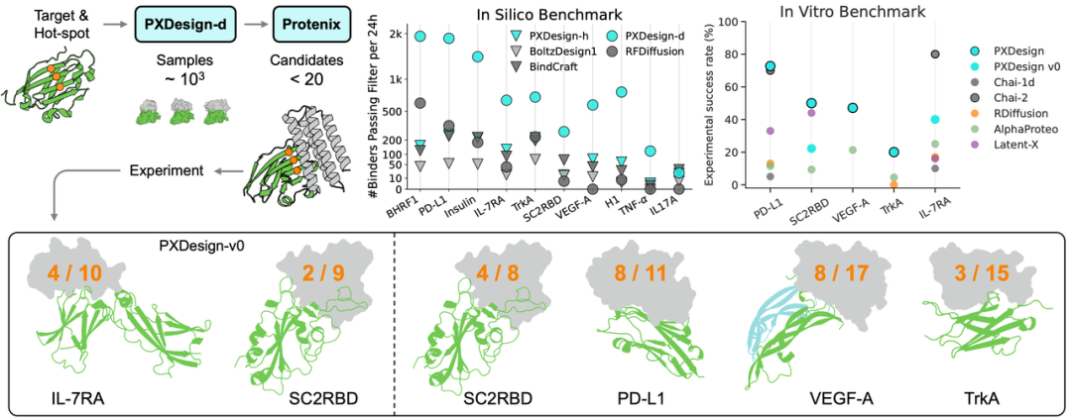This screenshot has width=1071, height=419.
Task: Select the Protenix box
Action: click(x=307, y=23)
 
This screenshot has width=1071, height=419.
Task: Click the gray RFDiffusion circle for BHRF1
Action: click(x=419, y=103)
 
